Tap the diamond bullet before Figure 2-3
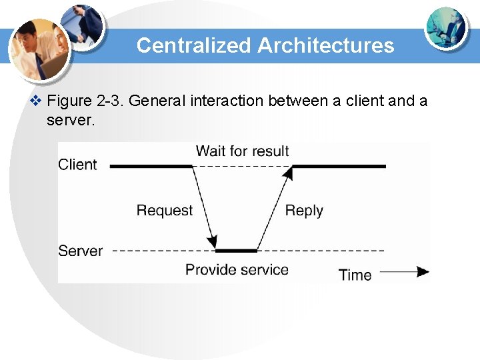pos(37,101)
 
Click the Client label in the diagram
pos(77,165)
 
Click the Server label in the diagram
pos(80,251)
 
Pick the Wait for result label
pos(242,151)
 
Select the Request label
pos(164,211)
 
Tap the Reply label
pos(304,211)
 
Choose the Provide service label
pos(237,270)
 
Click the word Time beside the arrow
pos(355,274)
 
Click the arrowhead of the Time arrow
pos(423,272)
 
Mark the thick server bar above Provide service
pos(236,251)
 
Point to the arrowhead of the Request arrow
pos(213,241)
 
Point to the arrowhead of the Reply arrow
pos(288,173)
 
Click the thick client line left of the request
pos(151,165)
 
